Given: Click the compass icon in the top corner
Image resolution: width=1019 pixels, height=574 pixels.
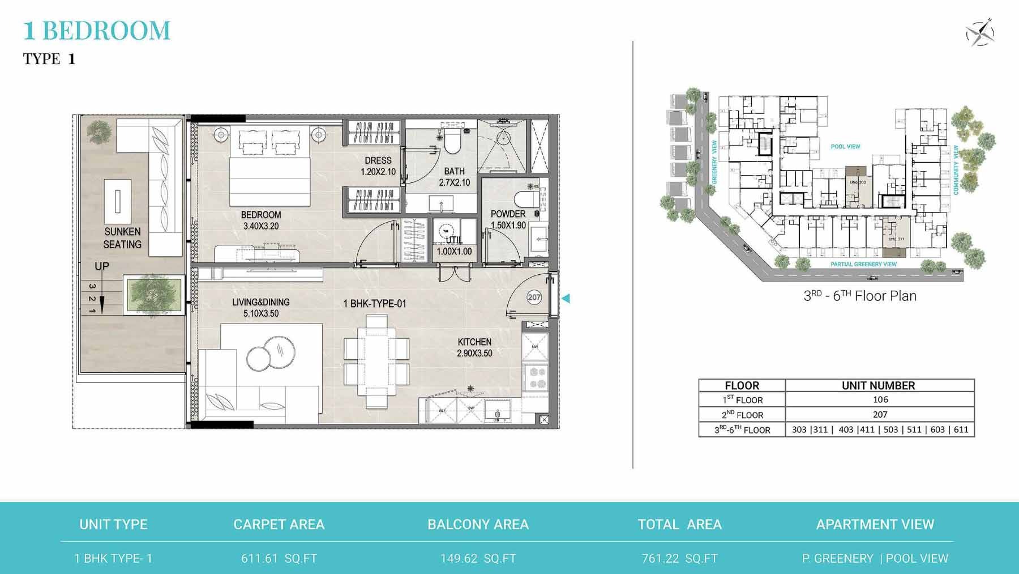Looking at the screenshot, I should point(980,32).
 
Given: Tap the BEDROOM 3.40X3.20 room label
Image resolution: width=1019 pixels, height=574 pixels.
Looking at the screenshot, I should point(260,220).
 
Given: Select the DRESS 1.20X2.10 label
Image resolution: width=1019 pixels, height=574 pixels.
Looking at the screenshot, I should point(378,166).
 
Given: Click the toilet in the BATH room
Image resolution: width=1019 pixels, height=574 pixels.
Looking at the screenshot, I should point(453,142).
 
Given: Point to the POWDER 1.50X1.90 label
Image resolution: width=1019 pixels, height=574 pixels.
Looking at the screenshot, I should point(508,219).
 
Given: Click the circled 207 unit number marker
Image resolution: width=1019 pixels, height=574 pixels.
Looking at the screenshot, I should point(534,297).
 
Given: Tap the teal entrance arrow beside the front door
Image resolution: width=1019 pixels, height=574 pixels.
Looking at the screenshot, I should point(565,298).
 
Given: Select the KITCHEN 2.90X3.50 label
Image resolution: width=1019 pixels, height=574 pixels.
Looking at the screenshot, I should point(474,347).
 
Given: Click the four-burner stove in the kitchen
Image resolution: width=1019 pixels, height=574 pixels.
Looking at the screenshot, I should point(536,378).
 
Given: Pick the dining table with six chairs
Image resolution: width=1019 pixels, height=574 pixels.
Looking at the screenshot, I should point(376,361).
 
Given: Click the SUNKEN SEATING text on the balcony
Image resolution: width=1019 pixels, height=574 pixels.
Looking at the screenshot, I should point(122,238).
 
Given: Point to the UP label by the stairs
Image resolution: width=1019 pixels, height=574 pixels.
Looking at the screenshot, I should point(102,266).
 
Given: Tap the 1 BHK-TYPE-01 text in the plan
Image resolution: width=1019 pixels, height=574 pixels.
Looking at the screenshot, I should point(375,304).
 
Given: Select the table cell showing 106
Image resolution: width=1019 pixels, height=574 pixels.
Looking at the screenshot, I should point(880,399).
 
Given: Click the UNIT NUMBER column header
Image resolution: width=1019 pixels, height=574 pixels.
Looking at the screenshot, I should point(878,385).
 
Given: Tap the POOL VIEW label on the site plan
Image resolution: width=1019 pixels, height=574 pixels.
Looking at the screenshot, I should point(845,147).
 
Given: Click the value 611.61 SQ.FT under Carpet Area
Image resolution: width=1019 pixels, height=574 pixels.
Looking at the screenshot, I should point(279,558).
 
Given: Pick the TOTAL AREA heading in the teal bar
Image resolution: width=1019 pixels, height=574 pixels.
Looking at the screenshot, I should point(679,525).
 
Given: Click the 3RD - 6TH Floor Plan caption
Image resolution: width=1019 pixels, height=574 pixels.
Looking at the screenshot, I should point(859,296).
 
